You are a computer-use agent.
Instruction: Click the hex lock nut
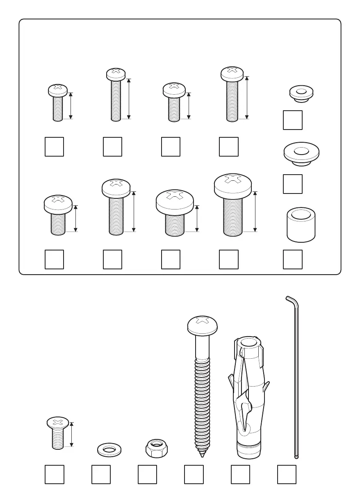click(x=156, y=448)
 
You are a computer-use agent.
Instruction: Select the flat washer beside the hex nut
click(x=109, y=449)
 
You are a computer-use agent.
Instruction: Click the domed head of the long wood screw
click(x=202, y=325)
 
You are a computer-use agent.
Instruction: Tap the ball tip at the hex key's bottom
click(x=296, y=456)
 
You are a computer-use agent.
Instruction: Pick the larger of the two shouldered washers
click(x=301, y=154)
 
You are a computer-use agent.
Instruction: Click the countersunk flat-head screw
click(x=57, y=432)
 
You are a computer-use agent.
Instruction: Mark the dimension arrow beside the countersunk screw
click(x=72, y=434)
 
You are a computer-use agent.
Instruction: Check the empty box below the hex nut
click(x=147, y=474)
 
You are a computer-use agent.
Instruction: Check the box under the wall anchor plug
click(x=241, y=474)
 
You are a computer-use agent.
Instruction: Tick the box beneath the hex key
click(x=287, y=474)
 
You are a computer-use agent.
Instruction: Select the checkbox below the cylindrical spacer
click(x=293, y=259)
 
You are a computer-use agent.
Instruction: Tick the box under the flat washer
click(x=101, y=474)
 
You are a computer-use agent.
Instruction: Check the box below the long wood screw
click(x=194, y=474)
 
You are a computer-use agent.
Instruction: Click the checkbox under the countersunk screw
click(x=55, y=474)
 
